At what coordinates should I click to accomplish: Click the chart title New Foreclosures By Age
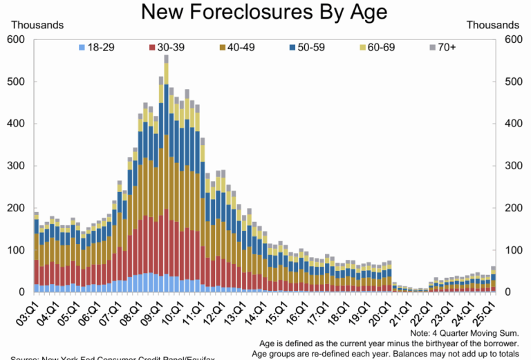click(x=264, y=12)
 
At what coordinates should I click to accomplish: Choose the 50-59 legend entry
click(x=310, y=47)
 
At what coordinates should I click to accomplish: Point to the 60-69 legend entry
click(x=382, y=47)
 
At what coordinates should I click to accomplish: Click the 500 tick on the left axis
click(x=17, y=82)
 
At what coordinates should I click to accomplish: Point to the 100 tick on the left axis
click(x=17, y=250)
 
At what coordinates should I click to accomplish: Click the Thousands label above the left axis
click(x=37, y=25)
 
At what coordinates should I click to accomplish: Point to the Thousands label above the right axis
click(x=493, y=25)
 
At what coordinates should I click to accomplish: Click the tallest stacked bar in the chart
click(x=167, y=173)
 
